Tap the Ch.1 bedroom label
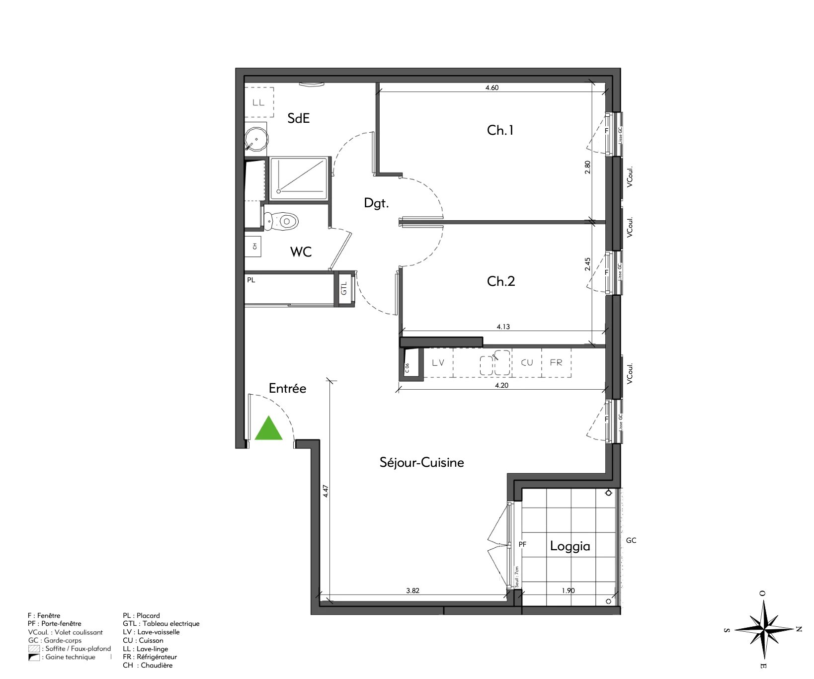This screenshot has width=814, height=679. (x=500, y=130)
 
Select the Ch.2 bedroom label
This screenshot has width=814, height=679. (x=500, y=281)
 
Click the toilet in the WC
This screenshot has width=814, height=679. (x=282, y=221)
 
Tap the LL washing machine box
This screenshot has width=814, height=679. (x=258, y=103)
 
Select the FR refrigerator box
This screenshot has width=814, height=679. (x=556, y=362)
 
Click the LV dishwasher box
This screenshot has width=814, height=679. (x=438, y=362)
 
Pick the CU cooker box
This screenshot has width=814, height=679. (x=527, y=362)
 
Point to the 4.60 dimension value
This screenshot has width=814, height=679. (x=491, y=87)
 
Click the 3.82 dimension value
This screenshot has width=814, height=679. (x=412, y=591)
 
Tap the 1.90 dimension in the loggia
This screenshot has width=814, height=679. (x=568, y=591)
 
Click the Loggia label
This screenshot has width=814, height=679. (x=570, y=546)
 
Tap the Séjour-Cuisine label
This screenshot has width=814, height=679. (x=421, y=463)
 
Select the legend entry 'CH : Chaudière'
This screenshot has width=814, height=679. (x=148, y=665)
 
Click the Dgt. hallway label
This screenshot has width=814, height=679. (x=376, y=203)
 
